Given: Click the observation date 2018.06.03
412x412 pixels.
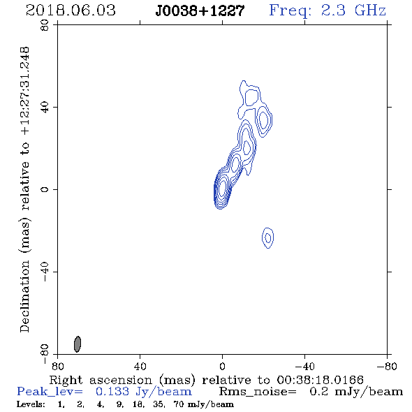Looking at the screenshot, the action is coord(71,10).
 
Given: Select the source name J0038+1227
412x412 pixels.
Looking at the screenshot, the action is coord(200,10).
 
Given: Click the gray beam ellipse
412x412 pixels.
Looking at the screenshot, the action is coord(78,344).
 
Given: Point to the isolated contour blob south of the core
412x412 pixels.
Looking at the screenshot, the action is coord(267,238).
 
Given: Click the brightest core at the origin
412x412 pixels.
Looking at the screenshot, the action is coord(222,188).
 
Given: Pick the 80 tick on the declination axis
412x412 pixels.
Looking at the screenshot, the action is coord(45,25).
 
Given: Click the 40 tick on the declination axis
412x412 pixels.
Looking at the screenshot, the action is coord(45,108).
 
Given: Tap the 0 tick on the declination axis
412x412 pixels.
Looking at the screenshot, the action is coord(45,189).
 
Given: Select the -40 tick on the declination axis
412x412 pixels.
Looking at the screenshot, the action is coord(45,272).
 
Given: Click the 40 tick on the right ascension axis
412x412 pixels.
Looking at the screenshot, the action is coord(140,367).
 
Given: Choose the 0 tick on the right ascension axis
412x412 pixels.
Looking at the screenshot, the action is coord(222,367).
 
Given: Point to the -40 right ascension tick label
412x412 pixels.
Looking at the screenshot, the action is coord(304,367).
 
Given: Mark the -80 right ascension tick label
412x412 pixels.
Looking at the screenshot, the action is coord(387,367).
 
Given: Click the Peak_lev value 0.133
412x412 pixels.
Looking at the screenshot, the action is coord(112,392).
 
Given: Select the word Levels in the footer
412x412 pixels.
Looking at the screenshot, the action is coord(31,404).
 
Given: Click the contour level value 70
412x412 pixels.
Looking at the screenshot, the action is coord(179,404).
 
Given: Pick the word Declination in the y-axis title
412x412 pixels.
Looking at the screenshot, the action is coord(24,297).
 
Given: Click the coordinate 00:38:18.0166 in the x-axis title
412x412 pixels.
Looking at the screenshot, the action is coord(320,380).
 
